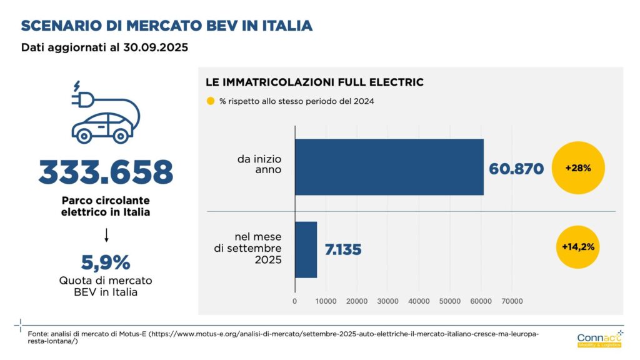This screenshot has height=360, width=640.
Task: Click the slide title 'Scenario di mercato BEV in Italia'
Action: point(166,26)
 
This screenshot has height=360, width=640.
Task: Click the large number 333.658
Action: point(106,172)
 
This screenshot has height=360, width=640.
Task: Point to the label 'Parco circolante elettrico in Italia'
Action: point(106,206)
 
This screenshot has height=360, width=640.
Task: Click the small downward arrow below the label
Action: point(106,235)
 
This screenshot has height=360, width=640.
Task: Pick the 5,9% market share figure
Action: point(106,261)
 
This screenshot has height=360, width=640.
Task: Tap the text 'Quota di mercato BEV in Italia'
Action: point(106,286)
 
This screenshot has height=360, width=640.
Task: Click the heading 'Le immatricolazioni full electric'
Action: point(314,82)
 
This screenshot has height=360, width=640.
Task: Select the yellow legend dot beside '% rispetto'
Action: point(210,101)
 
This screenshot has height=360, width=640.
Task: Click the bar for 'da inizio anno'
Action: point(389,167)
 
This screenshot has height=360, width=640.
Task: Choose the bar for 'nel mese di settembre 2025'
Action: point(306,249)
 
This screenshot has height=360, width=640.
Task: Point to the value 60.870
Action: point(516,168)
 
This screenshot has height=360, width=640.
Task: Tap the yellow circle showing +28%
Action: point(577,168)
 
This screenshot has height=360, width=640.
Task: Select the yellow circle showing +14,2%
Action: point(577,247)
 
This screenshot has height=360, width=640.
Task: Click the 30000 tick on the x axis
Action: point(387,301)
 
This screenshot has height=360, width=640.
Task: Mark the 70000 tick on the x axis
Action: point(511,301)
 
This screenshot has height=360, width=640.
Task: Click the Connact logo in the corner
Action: point(599,339)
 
